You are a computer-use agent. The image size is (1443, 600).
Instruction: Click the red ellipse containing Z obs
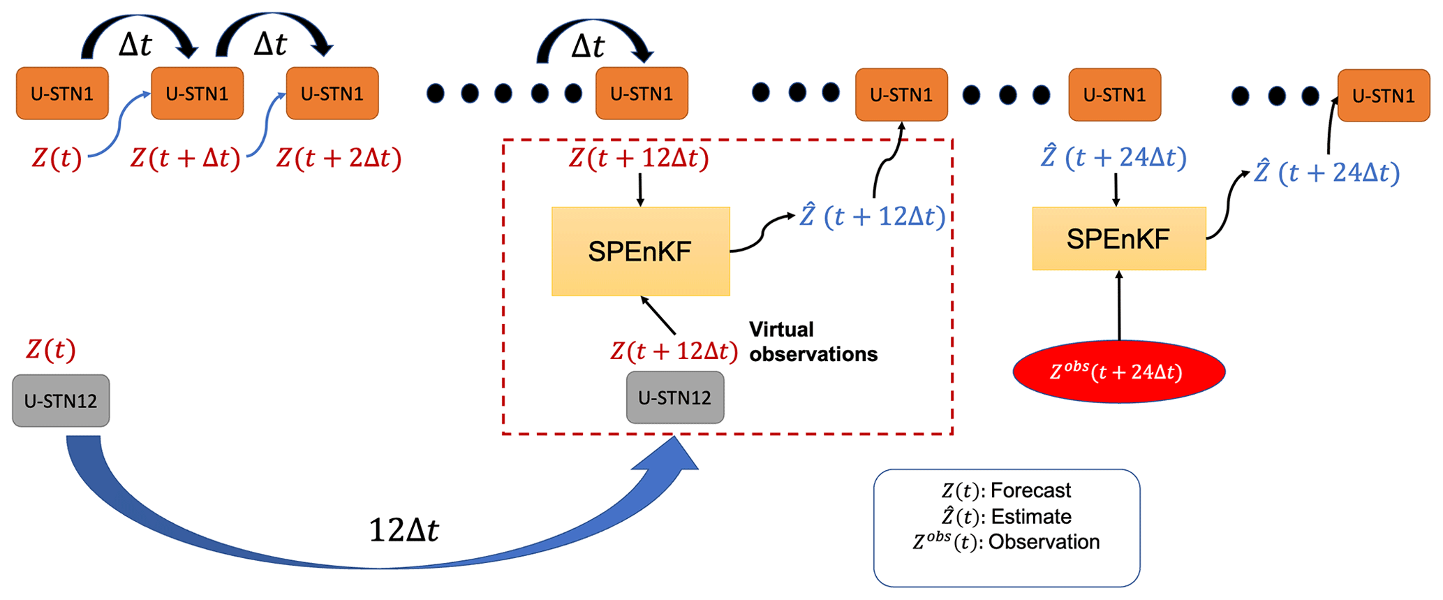(x=1118, y=372)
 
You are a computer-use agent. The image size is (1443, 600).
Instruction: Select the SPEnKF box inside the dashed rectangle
(x=640, y=251)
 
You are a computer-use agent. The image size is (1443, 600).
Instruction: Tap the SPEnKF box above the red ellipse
(x=1118, y=239)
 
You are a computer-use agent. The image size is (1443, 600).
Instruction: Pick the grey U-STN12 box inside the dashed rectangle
(x=675, y=397)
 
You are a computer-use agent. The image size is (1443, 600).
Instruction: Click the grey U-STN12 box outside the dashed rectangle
(x=61, y=401)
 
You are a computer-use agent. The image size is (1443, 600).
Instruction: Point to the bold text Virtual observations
(x=813, y=342)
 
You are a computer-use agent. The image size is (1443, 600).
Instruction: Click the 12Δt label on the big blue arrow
(x=404, y=531)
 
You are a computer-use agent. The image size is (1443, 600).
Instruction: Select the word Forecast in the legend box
(x=1030, y=490)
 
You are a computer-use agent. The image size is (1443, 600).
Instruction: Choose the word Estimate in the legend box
(x=1031, y=517)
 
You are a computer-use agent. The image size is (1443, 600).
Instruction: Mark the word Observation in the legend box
(x=1044, y=542)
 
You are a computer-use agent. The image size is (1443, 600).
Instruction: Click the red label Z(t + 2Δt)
(x=339, y=159)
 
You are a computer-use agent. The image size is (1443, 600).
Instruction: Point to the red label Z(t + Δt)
(x=185, y=159)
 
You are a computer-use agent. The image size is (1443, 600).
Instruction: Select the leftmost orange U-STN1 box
(x=62, y=94)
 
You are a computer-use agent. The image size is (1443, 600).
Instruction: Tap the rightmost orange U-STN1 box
(x=1383, y=96)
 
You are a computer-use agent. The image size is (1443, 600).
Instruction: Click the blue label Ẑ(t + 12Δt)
(x=872, y=217)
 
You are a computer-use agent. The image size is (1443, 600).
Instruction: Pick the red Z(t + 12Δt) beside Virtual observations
(x=674, y=351)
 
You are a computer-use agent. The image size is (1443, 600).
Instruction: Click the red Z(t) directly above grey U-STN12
(x=50, y=349)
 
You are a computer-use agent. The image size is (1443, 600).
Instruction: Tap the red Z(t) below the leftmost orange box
(x=57, y=159)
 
